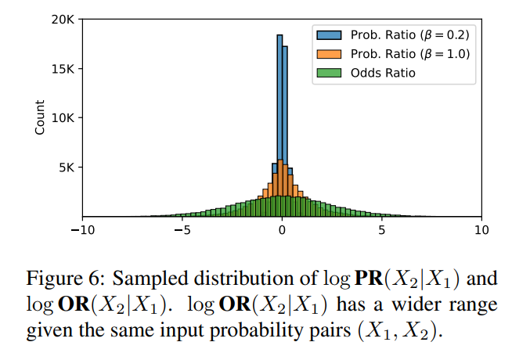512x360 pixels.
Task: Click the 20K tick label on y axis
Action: pyautogui.click(x=63, y=20)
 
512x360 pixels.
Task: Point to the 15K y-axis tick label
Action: pyautogui.click(x=63, y=69)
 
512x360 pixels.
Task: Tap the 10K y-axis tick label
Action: pyautogui.click(x=63, y=118)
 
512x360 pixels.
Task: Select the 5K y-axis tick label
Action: pyautogui.click(x=67, y=167)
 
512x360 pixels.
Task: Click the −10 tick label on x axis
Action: pyautogui.click(x=83, y=230)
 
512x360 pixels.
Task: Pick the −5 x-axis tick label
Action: pyautogui.click(x=182, y=230)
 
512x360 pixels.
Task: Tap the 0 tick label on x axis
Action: pyautogui.click(x=282, y=230)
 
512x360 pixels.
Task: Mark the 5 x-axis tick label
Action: pyautogui.click(x=382, y=230)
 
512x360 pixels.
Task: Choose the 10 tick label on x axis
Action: pyautogui.click(x=481, y=230)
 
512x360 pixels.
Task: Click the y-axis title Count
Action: pyautogui.click(x=39, y=117)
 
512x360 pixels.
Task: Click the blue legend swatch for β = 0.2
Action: pyautogui.click(x=329, y=35)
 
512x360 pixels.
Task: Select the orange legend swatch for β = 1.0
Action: pyautogui.click(x=329, y=54)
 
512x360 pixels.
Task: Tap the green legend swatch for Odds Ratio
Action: pyautogui.click(x=329, y=73)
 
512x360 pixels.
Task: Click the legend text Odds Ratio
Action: pyautogui.click(x=383, y=73)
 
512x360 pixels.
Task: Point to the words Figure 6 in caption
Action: pyautogui.click(x=66, y=279)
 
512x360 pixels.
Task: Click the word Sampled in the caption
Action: pyautogui.click(x=150, y=279)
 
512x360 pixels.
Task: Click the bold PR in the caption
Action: pyautogui.click(x=369, y=279)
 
